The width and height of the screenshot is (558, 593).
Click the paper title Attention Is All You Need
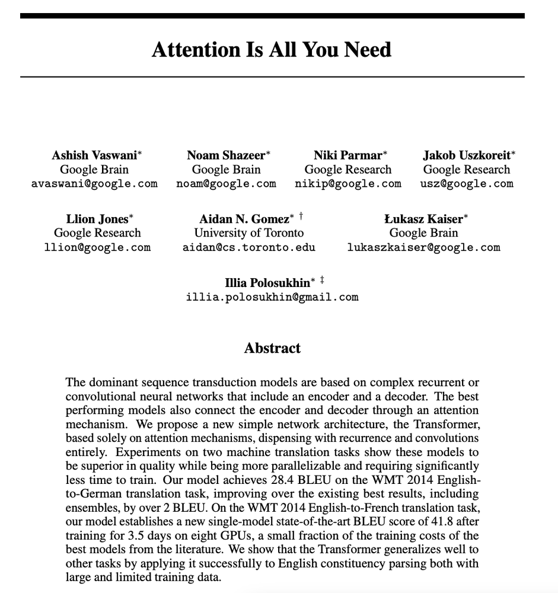(x=272, y=49)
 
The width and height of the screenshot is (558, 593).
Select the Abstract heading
(x=272, y=348)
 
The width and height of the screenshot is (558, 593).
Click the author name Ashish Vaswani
(x=94, y=155)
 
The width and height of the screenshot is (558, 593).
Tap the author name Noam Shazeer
(x=226, y=155)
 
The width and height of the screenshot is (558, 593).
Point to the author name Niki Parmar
(x=347, y=155)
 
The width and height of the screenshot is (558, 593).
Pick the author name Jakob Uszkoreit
(x=466, y=155)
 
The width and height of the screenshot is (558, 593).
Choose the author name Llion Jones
(x=97, y=219)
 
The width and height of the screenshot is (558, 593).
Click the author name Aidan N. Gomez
(x=244, y=219)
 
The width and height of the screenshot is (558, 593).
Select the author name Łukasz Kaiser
(x=423, y=219)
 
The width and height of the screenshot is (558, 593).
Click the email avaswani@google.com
(x=94, y=184)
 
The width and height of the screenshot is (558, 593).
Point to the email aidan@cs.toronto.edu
(x=249, y=247)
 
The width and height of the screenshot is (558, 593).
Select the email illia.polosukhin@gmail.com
(x=272, y=296)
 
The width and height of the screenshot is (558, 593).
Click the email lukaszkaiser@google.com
(x=423, y=247)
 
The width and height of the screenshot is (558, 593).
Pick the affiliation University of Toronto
(x=249, y=233)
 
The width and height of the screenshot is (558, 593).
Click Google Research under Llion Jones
(x=97, y=233)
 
